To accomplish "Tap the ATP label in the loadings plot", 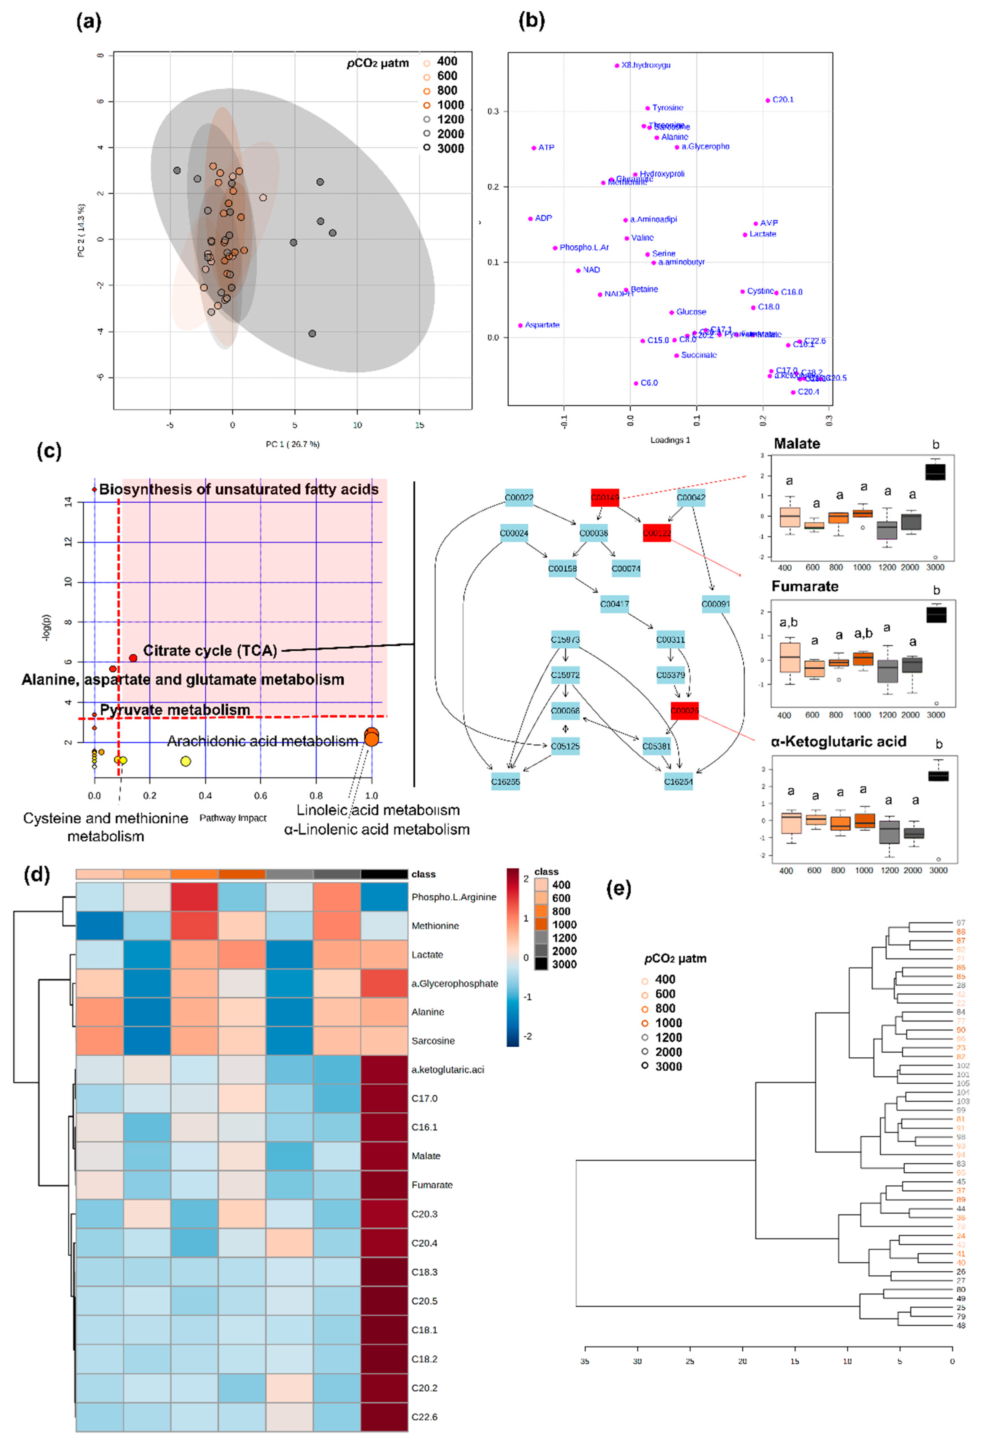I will click(x=546, y=148).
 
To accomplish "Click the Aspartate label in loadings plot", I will click(x=542, y=325).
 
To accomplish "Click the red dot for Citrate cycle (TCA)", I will click(x=133, y=658).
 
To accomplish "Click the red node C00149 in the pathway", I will click(x=605, y=498).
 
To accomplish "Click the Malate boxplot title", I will click(x=797, y=444).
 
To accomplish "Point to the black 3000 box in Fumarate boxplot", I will click(x=936, y=615).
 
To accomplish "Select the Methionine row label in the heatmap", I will click(x=435, y=926).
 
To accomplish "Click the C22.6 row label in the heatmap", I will click(x=424, y=1417).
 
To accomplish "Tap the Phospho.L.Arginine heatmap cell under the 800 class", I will click(x=195, y=897).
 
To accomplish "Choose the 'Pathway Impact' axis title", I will click(x=233, y=818).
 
